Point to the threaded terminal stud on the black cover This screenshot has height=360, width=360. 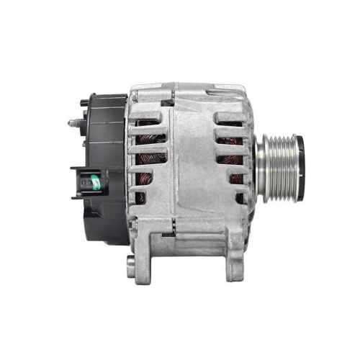tap(74, 123)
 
